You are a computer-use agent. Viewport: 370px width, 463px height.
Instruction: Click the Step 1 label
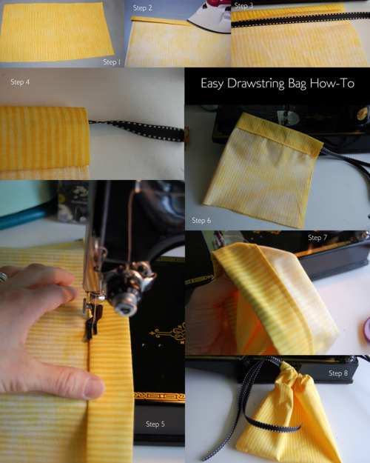112,62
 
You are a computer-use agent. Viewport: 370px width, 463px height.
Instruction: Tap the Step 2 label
143,8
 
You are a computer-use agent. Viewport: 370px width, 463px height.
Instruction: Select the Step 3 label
243,6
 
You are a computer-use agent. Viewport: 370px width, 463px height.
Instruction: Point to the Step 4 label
20,82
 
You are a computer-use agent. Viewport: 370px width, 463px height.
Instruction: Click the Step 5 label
155,424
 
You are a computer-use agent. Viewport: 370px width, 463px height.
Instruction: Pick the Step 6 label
201,220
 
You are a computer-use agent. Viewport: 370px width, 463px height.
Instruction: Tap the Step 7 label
317,237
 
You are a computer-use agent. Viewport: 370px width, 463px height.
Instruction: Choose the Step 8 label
338,373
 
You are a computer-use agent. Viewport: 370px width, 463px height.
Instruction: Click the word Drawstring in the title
255,84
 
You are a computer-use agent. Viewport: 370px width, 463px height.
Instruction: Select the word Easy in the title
212,84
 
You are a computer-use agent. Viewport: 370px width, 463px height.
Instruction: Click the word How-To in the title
332,83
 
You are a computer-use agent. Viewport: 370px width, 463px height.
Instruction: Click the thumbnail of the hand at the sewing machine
92,322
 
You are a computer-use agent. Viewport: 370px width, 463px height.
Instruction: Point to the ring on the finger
3,277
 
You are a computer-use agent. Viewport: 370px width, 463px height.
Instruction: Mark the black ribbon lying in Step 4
136,130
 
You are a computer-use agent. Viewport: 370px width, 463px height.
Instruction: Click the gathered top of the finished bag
292,376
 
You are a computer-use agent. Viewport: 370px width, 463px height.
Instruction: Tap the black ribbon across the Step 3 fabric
300,19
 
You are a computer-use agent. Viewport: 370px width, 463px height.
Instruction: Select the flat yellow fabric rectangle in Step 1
56,32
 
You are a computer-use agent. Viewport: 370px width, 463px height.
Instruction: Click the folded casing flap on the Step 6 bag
279,133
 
